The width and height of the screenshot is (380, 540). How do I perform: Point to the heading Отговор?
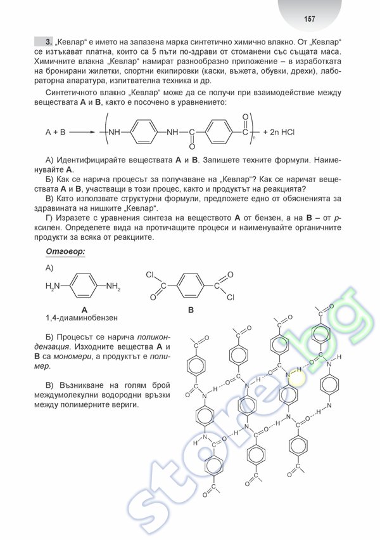[65, 252]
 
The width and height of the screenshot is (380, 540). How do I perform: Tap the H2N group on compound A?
[53, 287]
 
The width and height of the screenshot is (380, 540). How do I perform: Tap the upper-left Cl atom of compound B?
[150, 275]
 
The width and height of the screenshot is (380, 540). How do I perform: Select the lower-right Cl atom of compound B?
[231, 297]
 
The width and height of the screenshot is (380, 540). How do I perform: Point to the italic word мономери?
[73, 357]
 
